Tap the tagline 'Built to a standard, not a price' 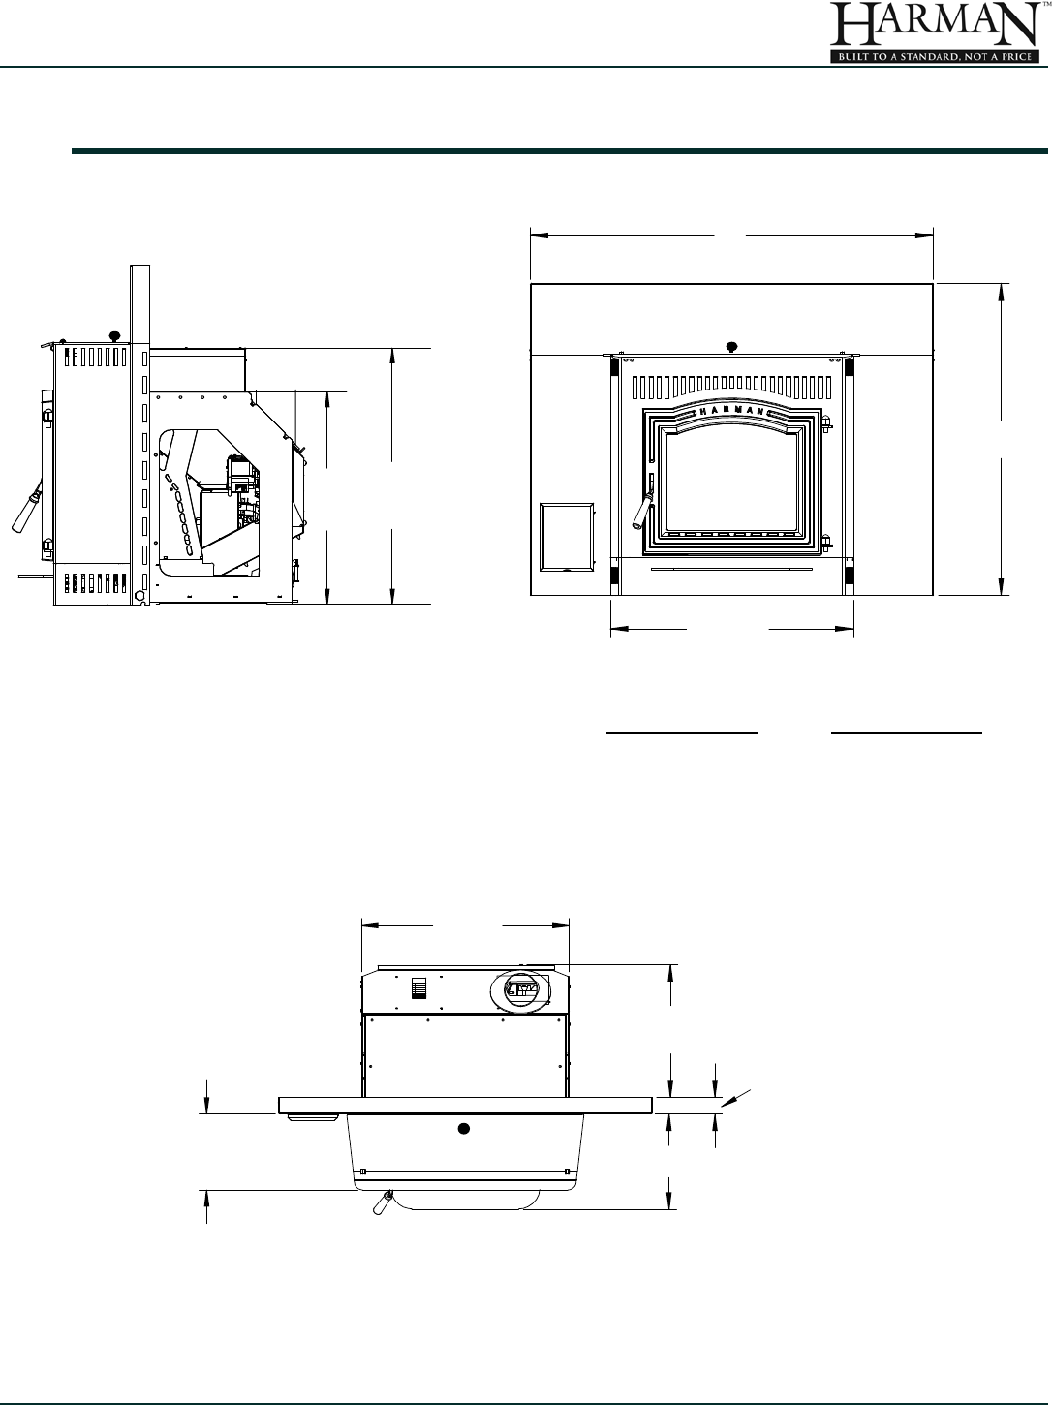click(934, 57)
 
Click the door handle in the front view click(642, 509)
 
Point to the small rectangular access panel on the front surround click(567, 537)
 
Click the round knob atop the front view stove click(732, 347)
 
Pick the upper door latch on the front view click(826, 422)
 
